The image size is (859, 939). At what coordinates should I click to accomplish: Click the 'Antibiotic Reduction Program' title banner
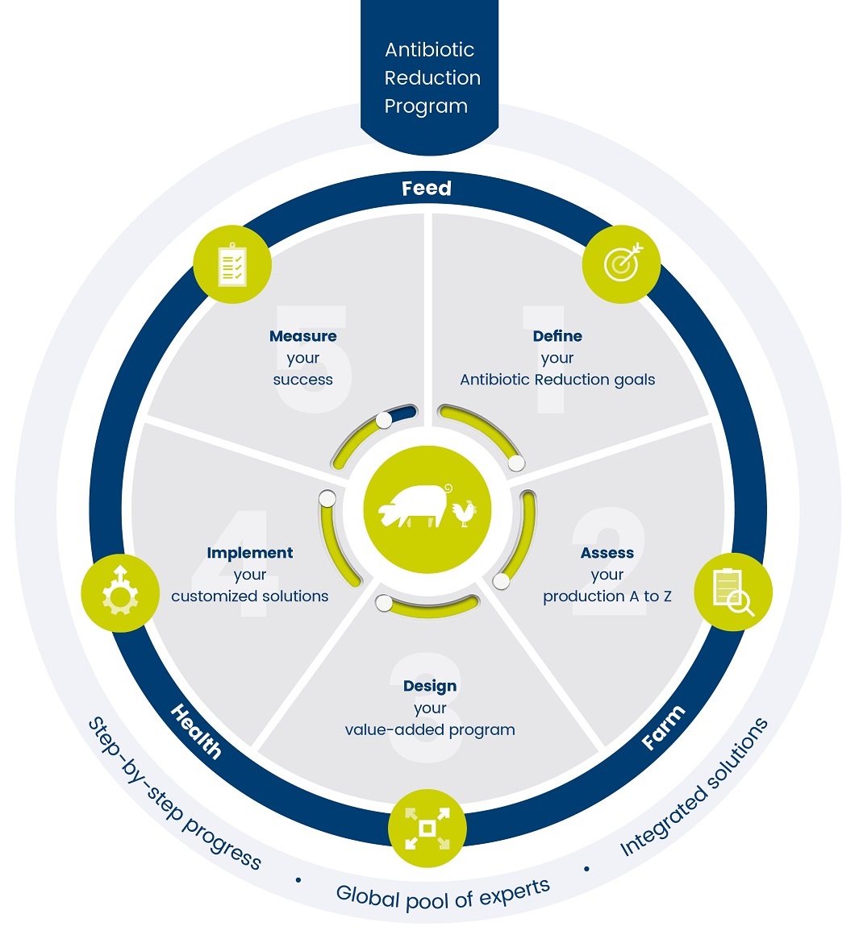pyautogui.click(x=430, y=77)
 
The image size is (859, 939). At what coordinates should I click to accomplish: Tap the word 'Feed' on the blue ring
pyautogui.click(x=427, y=189)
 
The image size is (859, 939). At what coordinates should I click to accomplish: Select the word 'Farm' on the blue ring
pyautogui.click(x=663, y=727)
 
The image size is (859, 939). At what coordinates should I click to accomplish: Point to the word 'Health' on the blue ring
pyautogui.click(x=196, y=731)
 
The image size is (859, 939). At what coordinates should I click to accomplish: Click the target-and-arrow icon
pyautogui.click(x=621, y=264)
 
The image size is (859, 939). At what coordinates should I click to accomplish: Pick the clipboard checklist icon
pyautogui.click(x=232, y=264)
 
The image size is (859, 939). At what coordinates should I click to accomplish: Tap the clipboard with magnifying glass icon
pyautogui.click(x=732, y=592)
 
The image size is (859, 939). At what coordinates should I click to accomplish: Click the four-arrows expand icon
pyautogui.click(x=427, y=828)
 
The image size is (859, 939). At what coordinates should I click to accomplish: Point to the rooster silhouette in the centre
pyautogui.click(x=464, y=513)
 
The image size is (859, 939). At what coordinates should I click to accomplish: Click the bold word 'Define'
pyautogui.click(x=557, y=336)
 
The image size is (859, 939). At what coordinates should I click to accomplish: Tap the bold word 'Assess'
pyautogui.click(x=607, y=553)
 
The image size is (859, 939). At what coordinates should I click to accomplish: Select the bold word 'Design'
pyautogui.click(x=430, y=686)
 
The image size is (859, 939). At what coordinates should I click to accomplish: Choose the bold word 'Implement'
pyautogui.click(x=250, y=553)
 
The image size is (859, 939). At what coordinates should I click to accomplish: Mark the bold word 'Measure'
pyautogui.click(x=303, y=336)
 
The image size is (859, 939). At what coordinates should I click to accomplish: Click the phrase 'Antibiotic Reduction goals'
pyautogui.click(x=557, y=380)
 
